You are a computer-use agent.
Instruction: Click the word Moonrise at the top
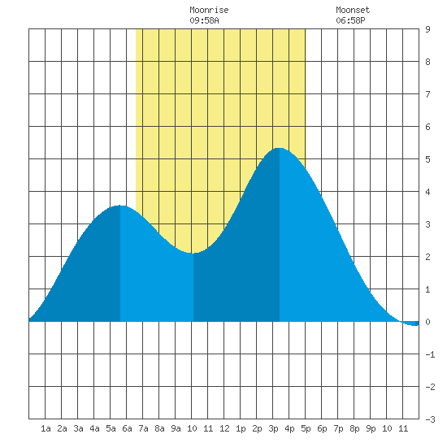point(209,10)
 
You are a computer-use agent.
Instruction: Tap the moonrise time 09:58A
point(204,20)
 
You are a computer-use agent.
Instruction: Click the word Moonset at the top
point(353,10)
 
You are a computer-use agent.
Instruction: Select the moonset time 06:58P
point(350,20)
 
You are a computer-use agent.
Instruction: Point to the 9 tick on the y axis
point(427,29)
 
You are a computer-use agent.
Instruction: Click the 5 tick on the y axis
point(427,159)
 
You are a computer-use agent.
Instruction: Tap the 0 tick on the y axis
point(427,322)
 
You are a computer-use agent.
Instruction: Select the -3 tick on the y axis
point(430,419)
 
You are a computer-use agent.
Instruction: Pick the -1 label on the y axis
point(430,354)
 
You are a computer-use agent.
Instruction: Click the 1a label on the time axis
point(46,428)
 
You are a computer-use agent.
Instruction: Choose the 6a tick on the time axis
point(127,428)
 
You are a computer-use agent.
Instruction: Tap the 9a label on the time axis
point(176,428)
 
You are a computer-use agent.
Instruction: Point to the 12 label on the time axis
point(224,428)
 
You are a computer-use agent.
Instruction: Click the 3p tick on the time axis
point(273,428)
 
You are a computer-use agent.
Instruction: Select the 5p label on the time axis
point(306,428)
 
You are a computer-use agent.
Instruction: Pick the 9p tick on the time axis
point(371,428)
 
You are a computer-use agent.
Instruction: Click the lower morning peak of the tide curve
point(120,206)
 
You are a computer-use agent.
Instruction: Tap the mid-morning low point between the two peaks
point(193,253)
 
